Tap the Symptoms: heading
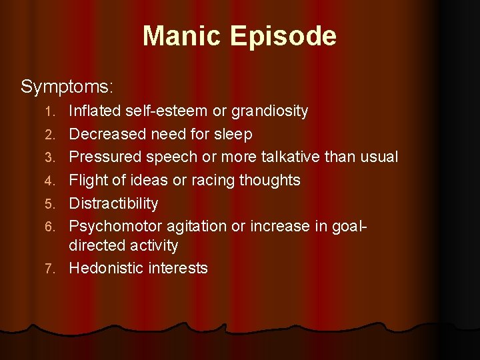(x=67, y=87)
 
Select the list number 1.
(x=58, y=111)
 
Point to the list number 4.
(x=58, y=181)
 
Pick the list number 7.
(x=58, y=269)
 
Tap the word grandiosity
(x=269, y=111)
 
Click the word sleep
(x=233, y=135)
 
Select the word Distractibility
(x=114, y=203)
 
